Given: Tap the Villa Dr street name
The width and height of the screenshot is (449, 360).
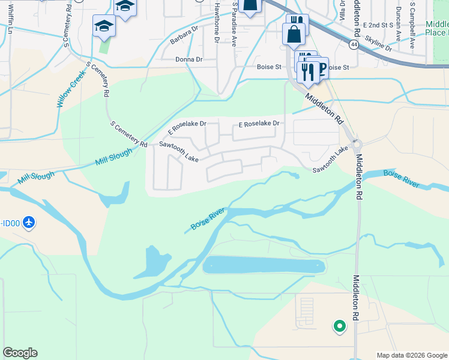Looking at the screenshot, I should tap(342, 11).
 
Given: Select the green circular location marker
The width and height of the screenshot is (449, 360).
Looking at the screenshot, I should tap(339, 326).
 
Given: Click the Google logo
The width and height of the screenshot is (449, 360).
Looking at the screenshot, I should tap(20, 353).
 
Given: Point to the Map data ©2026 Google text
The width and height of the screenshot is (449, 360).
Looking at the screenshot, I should tap(411, 355).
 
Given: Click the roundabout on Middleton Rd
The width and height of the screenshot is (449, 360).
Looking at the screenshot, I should tap(357, 144).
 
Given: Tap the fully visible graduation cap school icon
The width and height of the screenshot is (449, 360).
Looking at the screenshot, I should tap(103, 26).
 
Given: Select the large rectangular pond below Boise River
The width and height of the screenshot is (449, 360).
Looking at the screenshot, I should tap(264, 265).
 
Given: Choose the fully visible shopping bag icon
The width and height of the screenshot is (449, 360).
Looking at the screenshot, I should tap(294, 35).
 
